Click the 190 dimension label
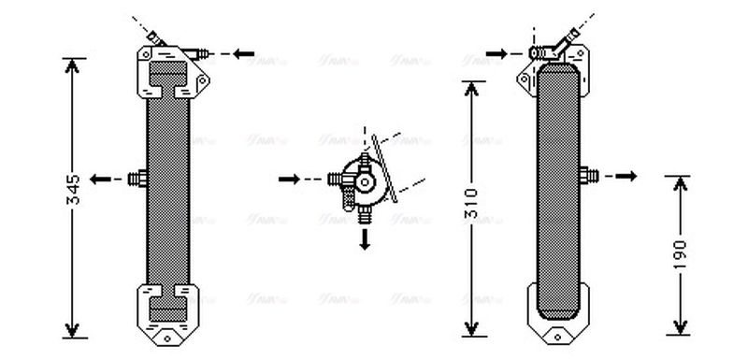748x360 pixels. click(680, 252)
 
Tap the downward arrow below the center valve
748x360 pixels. click(365, 239)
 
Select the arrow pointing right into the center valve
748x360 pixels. click(290, 178)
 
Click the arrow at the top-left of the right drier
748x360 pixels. click(496, 53)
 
